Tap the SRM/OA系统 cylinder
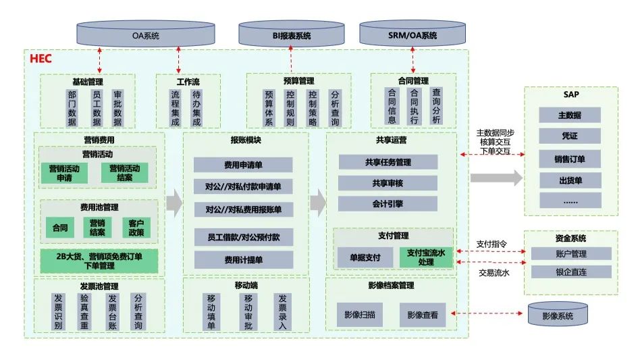[x=412, y=34]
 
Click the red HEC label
[x=41, y=59]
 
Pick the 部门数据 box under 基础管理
[x=72, y=107]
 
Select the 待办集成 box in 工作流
[x=196, y=107]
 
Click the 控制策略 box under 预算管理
[x=312, y=107]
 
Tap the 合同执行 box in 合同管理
[x=415, y=106]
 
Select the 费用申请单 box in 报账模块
[x=243, y=165]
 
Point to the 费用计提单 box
[x=243, y=259]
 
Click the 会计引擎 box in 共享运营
[x=388, y=203]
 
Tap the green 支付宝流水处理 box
[x=425, y=257]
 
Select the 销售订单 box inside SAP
[x=570, y=159]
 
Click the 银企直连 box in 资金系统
[x=570, y=272]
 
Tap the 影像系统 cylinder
[x=557, y=314]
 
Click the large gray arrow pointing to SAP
[x=496, y=178]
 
